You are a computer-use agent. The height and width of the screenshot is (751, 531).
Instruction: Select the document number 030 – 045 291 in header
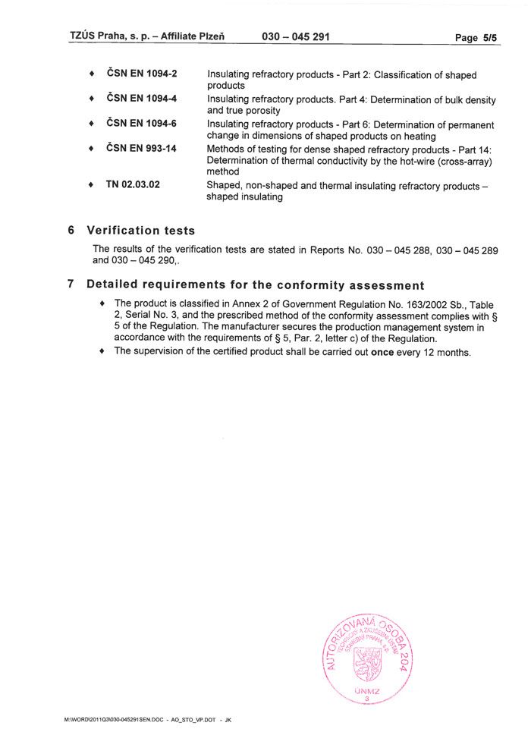pos(296,36)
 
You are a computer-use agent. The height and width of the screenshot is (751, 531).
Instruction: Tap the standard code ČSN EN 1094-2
pos(142,74)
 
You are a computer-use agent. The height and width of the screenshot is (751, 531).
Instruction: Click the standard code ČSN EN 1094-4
pos(142,99)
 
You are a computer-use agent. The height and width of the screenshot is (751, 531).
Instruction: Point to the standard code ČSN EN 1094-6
pos(142,124)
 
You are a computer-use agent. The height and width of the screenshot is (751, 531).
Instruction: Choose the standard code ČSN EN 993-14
pos(142,149)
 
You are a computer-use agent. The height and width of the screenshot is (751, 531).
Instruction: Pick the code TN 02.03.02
pos(133,185)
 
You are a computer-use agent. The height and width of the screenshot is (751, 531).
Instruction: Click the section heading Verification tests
pos(140,230)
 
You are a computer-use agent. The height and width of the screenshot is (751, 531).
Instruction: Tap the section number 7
pos(71,284)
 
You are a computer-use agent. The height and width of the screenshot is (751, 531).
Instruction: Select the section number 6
pos(71,230)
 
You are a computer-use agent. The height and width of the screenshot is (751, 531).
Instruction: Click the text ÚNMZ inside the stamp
pos(368,691)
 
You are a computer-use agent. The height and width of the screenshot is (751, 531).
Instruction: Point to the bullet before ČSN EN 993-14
pos(92,149)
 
